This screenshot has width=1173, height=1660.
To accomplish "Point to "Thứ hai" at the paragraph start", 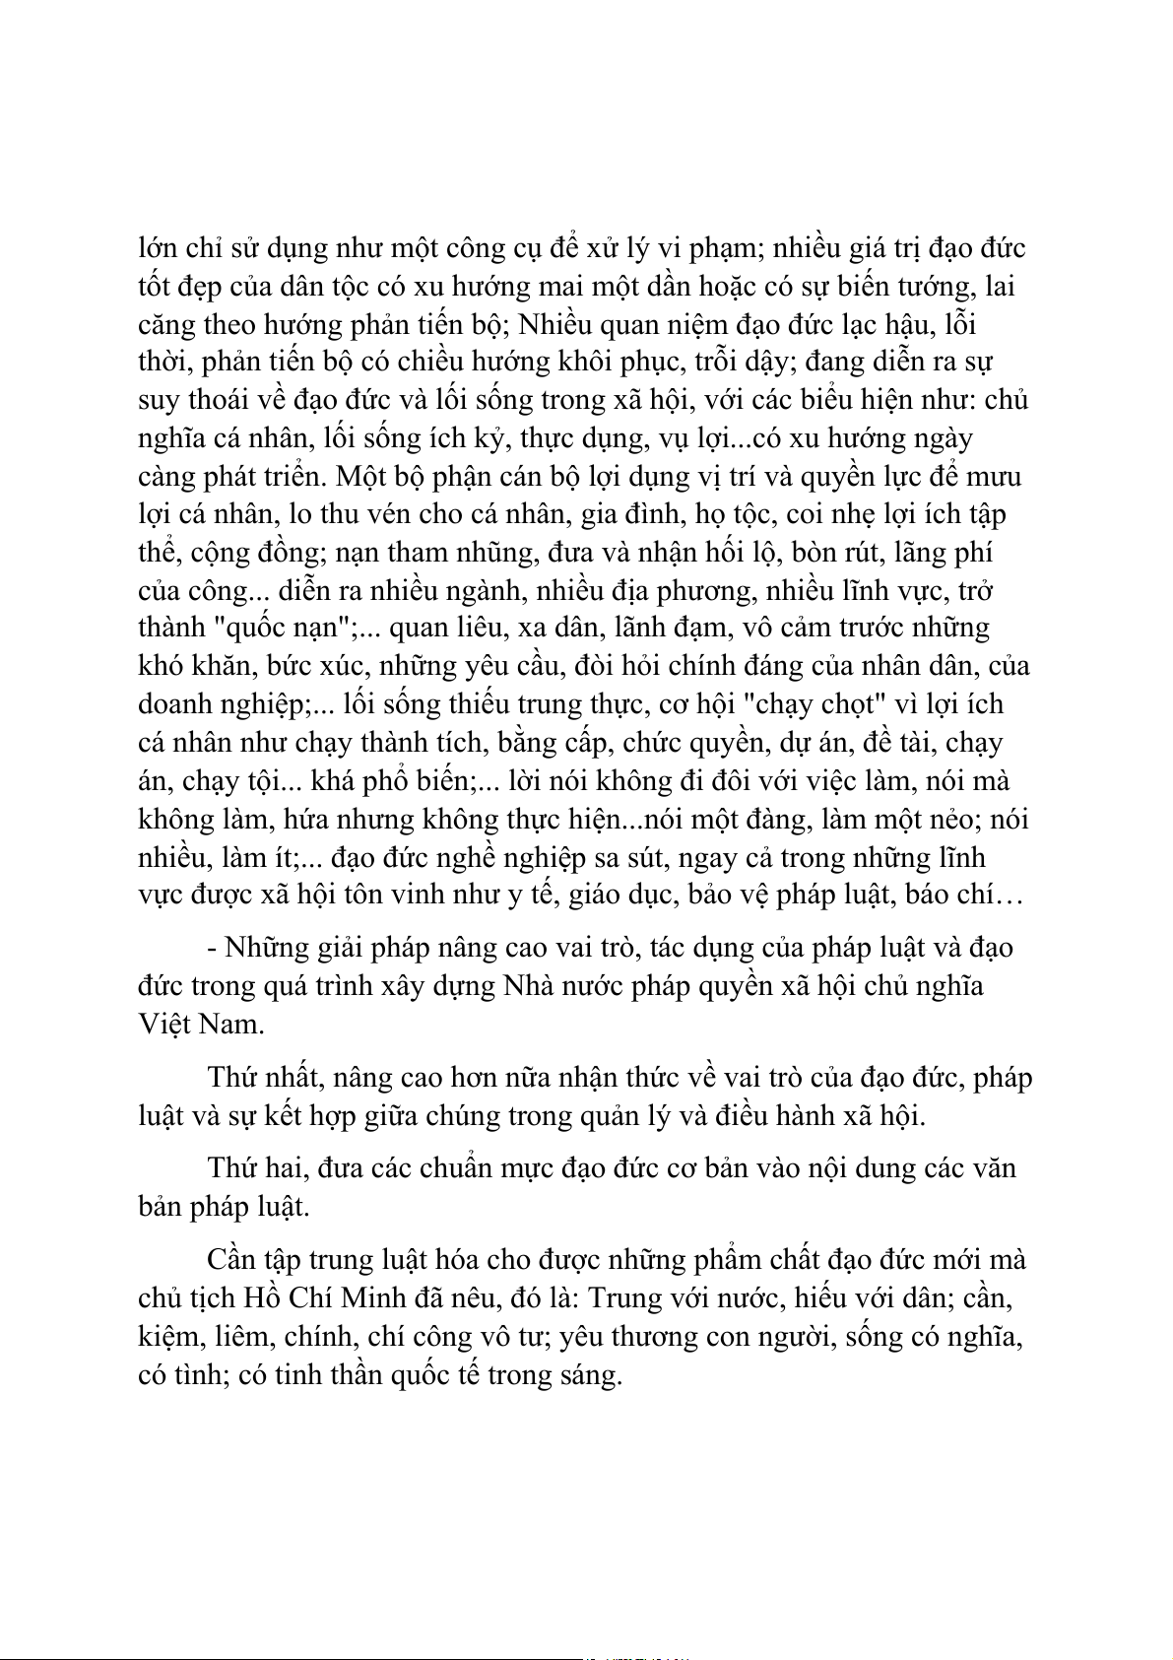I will [x=245, y=1168].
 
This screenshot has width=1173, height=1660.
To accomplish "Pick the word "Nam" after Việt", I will [x=231, y=1024].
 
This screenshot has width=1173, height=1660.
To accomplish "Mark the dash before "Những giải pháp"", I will [x=213, y=949].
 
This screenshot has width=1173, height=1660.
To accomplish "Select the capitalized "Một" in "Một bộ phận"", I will [x=361, y=476].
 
